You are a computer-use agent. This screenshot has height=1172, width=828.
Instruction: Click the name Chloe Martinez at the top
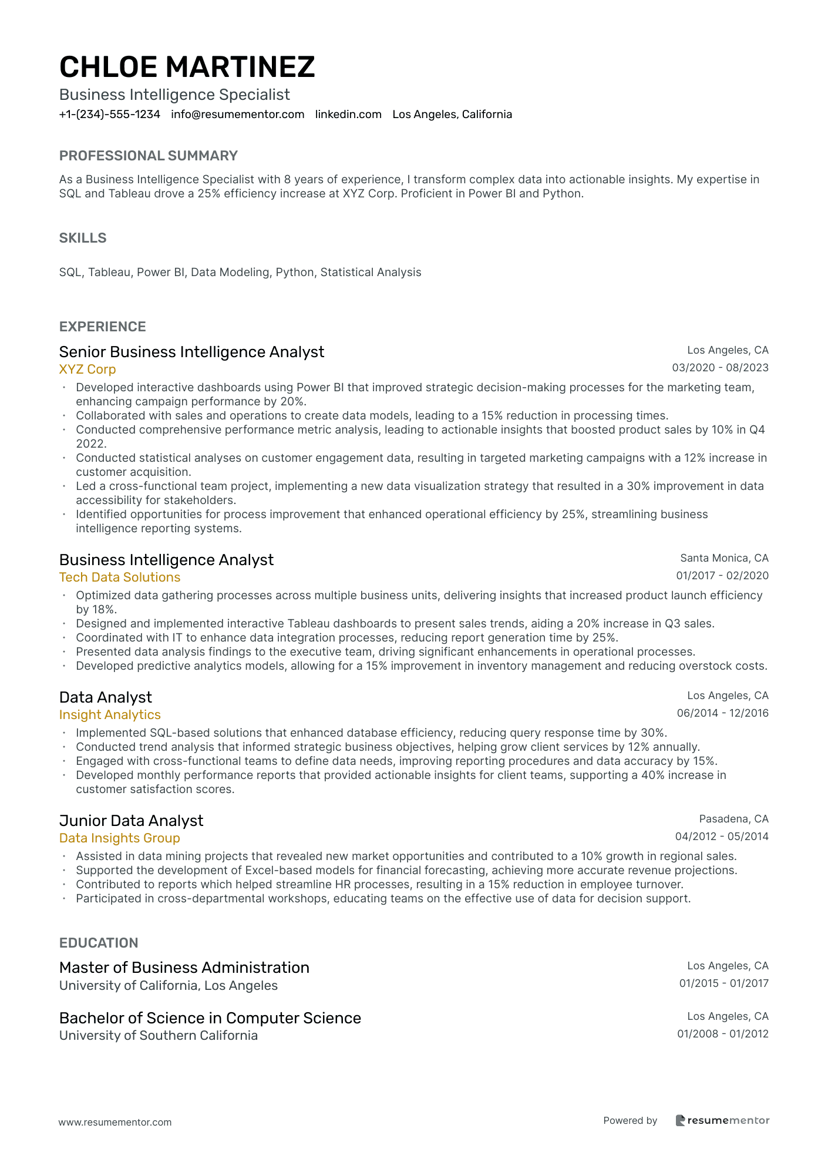tap(187, 67)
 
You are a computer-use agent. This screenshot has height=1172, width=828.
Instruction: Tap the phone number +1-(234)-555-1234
tap(110, 115)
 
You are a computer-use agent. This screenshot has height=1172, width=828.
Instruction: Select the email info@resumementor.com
tap(238, 115)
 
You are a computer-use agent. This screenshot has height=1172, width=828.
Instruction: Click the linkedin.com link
tap(348, 115)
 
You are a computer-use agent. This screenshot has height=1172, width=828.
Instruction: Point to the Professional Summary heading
tap(149, 156)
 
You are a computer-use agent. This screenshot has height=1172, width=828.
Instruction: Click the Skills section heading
tap(83, 238)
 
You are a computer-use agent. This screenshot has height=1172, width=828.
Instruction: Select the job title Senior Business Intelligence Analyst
tap(191, 352)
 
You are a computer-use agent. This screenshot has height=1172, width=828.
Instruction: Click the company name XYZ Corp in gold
tap(87, 370)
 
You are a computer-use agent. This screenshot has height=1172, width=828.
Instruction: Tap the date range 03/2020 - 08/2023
tap(720, 368)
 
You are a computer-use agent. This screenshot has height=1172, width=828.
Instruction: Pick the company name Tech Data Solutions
tap(120, 577)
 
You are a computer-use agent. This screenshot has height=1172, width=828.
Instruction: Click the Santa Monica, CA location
tap(724, 558)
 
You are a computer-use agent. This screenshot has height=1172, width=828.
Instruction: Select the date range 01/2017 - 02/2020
tap(722, 576)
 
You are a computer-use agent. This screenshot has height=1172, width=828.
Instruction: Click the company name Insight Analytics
tap(110, 715)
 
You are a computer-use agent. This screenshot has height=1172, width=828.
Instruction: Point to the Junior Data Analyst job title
tap(131, 821)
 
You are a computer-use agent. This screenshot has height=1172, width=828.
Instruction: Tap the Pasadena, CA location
tap(733, 819)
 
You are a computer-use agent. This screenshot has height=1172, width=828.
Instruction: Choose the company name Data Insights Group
tap(120, 838)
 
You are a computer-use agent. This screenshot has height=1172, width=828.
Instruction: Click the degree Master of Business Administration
tap(184, 968)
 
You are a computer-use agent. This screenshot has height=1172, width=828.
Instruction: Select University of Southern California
tap(159, 1035)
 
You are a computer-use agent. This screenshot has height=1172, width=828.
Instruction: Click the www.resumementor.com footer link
tap(115, 1122)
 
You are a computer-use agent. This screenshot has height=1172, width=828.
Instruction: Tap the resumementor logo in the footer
tap(722, 1120)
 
